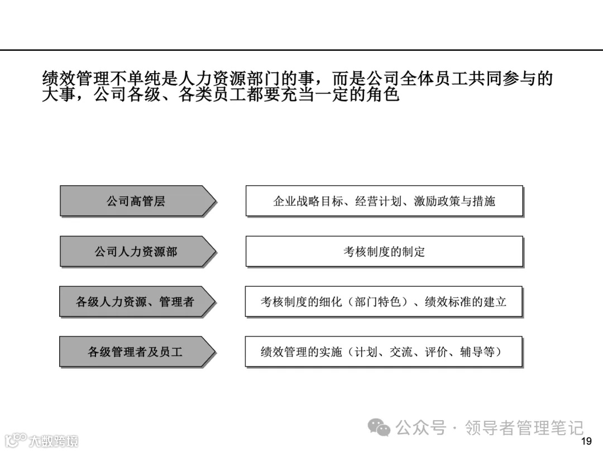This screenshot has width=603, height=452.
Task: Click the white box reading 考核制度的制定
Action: click(384, 252)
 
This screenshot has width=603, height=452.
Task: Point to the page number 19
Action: click(586, 441)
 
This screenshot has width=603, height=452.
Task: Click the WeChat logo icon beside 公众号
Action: click(381, 428)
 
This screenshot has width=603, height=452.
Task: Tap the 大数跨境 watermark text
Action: click(54, 441)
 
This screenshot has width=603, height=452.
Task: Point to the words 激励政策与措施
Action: click(454, 201)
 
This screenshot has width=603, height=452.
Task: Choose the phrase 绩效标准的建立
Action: click(466, 302)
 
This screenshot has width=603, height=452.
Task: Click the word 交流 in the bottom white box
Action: click(401, 352)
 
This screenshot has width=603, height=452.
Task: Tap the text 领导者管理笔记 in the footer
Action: click(524, 428)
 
